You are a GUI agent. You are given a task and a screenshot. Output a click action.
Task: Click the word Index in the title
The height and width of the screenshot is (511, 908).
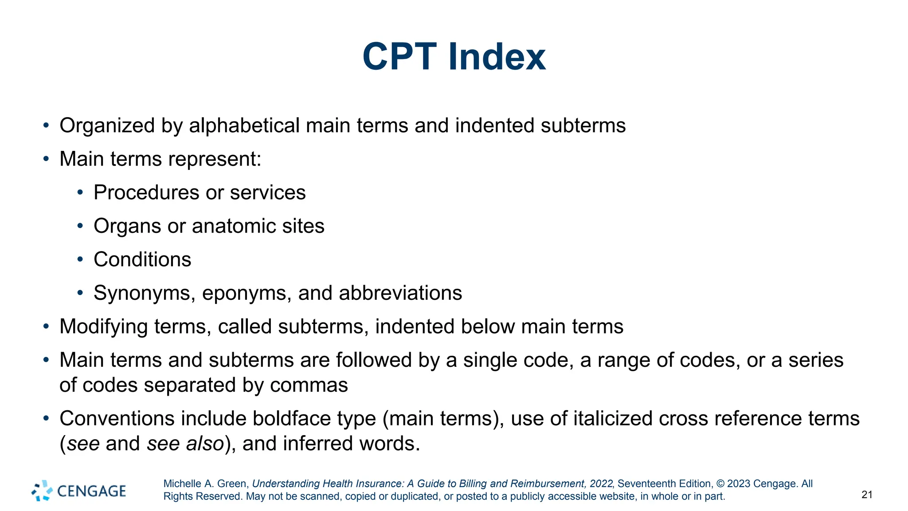tap(497, 57)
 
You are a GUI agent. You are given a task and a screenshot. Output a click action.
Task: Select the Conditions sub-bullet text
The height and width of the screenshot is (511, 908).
tap(142, 259)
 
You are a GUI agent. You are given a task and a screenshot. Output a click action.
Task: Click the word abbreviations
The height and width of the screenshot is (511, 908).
tap(400, 293)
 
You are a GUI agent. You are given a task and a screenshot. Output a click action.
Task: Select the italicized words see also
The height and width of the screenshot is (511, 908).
tap(185, 444)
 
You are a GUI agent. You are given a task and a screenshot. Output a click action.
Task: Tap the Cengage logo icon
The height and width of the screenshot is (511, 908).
tap(42, 491)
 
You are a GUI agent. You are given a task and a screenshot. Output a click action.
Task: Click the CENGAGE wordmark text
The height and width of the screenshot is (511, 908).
tap(91, 491)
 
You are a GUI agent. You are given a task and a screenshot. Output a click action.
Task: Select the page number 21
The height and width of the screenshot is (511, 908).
tap(867, 495)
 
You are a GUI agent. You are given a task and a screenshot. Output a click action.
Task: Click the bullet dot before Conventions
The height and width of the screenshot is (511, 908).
tap(46, 418)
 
